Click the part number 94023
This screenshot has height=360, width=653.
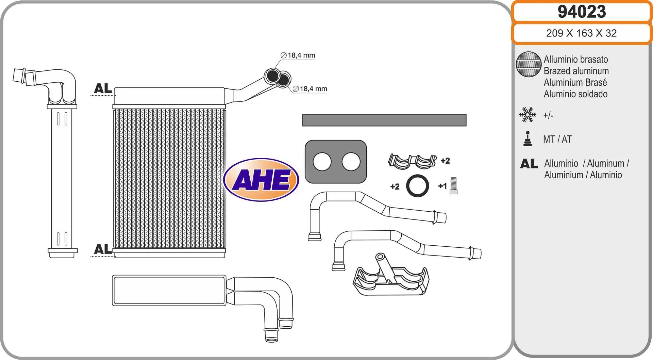pos(582,12)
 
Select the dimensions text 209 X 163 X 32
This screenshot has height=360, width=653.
pos(581,33)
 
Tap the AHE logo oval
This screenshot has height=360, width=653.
pos(261,179)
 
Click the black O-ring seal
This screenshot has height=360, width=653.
pos(418,186)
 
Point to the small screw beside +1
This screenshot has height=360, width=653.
pos(453,186)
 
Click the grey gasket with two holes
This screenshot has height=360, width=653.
pos(336,162)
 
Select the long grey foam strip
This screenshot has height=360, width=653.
pos(384,120)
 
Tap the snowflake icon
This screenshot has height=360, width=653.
pos(528,115)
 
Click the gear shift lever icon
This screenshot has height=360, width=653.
pos(528,139)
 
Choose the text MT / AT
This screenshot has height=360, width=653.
pos(557,139)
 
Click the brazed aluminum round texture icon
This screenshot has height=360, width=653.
pos(529,64)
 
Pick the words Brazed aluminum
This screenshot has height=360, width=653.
pos(576,71)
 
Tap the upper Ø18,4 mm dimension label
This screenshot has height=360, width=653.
pos(298,55)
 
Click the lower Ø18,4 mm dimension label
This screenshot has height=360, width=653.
pos(310,89)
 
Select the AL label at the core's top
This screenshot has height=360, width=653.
pos(103,88)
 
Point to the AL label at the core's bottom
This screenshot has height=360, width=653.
pos(103,249)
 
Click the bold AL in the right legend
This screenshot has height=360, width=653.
pos(529,164)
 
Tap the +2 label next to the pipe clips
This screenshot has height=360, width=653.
pos(445,161)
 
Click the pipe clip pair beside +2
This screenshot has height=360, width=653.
pos(412,161)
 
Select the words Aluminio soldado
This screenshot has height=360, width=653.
pos(575,94)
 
